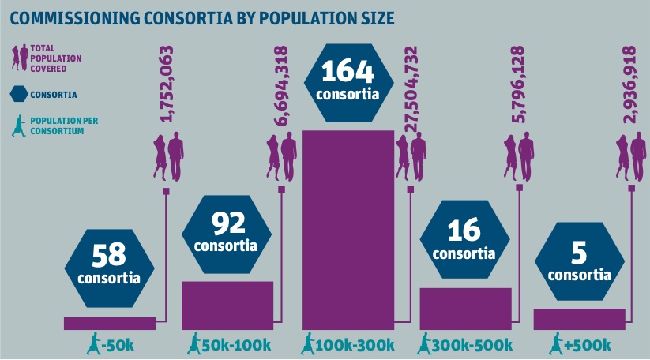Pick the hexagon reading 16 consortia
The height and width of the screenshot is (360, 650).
(x=464, y=241)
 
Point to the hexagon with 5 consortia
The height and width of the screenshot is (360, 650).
(x=579, y=262)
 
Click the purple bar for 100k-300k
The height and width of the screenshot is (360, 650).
(x=348, y=229)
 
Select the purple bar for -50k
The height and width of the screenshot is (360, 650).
(x=109, y=323)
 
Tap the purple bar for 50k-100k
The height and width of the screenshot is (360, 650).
(x=227, y=305)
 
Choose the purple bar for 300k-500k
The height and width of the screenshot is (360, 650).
(x=465, y=309)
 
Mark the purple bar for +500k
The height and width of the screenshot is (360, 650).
(x=579, y=319)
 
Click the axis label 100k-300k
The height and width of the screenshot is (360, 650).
(x=356, y=345)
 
